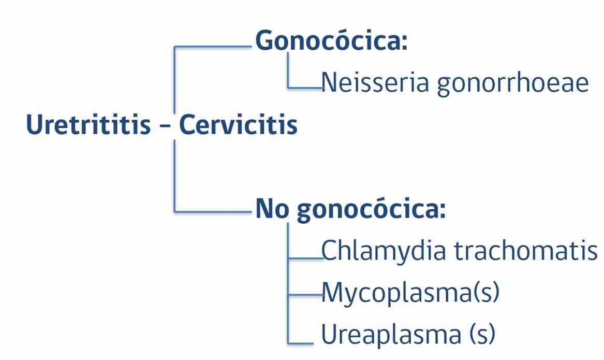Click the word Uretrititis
(x=88, y=124)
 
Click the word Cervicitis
(x=239, y=124)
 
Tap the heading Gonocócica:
(x=331, y=40)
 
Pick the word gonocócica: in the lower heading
(x=371, y=210)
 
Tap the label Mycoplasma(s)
(x=410, y=293)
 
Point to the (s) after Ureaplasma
(x=482, y=334)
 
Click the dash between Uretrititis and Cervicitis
(x=165, y=126)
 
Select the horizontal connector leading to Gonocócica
(x=213, y=47)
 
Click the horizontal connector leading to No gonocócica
(x=213, y=211)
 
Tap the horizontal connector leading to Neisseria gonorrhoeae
(x=305, y=88)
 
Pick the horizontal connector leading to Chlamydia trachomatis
(x=306, y=258)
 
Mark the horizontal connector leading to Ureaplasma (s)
(x=301, y=343)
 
